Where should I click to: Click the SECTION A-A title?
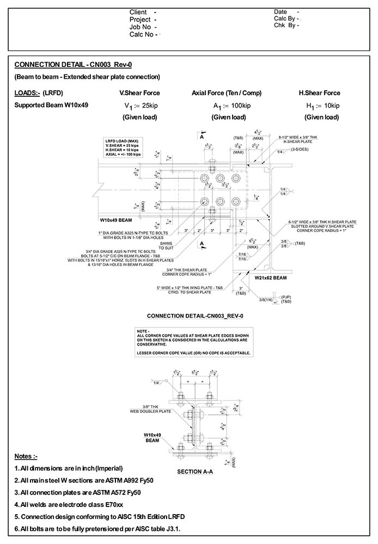pyautogui.click(x=194, y=472)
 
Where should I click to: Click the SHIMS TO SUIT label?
pyautogui.click(x=181, y=245)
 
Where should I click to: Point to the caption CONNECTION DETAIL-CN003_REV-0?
pyautogui.click(x=194, y=316)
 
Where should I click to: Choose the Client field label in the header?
pyautogui.click(x=140, y=12)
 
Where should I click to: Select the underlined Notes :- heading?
pyautogui.click(x=26, y=456)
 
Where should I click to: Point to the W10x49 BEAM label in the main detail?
pyautogui.click(x=117, y=221)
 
